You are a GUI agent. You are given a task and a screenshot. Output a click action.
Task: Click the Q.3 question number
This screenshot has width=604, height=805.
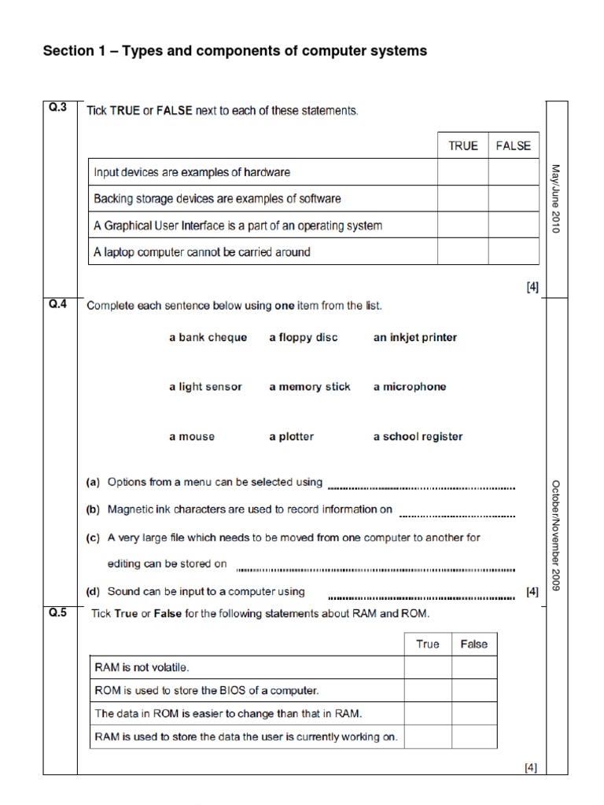[x=57, y=109]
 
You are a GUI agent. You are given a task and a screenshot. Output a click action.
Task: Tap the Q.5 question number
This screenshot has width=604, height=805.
[x=57, y=613]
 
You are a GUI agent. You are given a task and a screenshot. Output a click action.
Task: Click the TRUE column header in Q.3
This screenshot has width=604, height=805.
[x=463, y=145]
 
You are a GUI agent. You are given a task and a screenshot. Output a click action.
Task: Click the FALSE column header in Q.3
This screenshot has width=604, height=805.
[x=514, y=145]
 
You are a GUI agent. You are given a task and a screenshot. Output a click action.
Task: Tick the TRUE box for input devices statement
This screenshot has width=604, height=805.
[x=463, y=172]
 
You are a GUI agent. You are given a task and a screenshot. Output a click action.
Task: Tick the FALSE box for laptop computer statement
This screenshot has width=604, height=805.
[x=514, y=252]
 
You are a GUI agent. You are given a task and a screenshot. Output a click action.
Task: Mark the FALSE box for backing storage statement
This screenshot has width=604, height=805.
[x=514, y=199]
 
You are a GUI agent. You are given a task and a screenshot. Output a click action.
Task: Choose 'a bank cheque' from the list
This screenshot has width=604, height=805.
[x=208, y=337]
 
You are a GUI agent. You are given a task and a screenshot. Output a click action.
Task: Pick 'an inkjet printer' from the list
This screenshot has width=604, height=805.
[x=414, y=337]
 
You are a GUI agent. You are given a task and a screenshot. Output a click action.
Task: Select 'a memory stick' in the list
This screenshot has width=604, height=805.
[x=310, y=387]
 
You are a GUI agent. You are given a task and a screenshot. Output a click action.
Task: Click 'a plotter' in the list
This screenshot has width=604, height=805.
[x=292, y=436]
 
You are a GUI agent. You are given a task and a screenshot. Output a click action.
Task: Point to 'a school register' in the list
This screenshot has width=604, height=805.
[x=418, y=436]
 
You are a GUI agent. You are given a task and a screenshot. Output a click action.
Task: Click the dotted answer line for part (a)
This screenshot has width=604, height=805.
[x=422, y=486]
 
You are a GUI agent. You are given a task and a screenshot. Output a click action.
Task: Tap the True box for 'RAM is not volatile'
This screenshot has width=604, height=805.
[x=428, y=667]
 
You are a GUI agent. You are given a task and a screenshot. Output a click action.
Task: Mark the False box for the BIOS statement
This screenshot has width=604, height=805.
[x=474, y=690]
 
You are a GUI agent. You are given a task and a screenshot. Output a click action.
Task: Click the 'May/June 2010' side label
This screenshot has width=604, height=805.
[x=555, y=198]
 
